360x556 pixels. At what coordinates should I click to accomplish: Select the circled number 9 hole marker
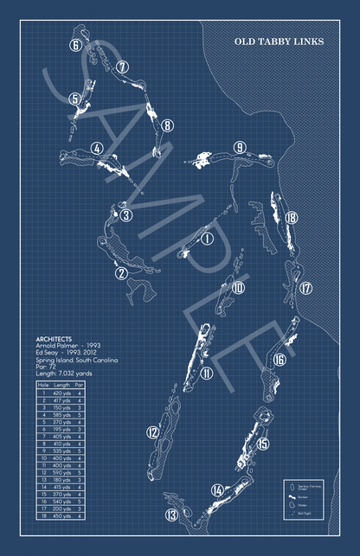point(238,148)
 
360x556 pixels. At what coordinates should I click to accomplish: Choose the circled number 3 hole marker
point(125,215)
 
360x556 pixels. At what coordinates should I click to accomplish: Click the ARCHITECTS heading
point(55,339)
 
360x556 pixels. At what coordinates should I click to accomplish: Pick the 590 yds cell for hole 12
point(61,473)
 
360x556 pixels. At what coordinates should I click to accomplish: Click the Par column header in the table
point(79,385)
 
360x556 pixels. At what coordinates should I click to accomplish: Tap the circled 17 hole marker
point(305,288)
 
